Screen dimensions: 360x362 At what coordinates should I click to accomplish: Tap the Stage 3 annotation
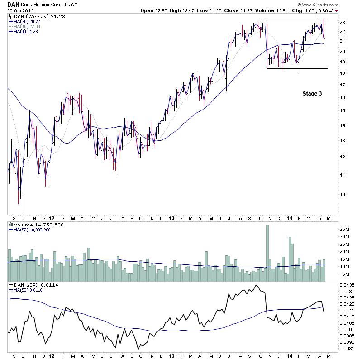(312, 94)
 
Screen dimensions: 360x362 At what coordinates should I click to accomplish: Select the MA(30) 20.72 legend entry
(28, 21)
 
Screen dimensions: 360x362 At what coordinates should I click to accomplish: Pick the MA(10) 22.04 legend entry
(28, 26)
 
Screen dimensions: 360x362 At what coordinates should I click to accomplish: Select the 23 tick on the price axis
(343, 22)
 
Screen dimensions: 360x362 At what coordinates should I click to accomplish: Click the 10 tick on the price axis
(343, 194)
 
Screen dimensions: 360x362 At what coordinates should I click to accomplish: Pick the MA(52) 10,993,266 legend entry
(33, 230)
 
